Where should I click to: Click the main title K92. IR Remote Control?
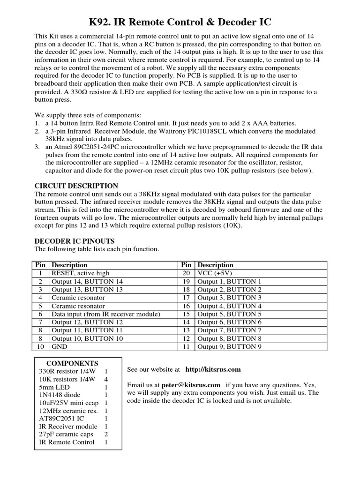click(180, 22)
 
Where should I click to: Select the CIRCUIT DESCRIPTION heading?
click(76, 186)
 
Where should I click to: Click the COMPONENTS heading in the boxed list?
click(72, 363)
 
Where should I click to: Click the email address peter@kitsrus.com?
click(191, 385)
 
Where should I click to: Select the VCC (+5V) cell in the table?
click(215, 273)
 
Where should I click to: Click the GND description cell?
click(59, 347)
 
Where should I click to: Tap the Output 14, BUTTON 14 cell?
click(87, 281)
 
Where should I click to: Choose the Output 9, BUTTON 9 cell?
click(229, 347)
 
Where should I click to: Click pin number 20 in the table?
click(186, 273)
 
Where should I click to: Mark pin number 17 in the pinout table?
click(186, 298)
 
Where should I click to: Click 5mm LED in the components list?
click(54, 387)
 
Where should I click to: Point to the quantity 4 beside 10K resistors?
click(106, 379)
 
